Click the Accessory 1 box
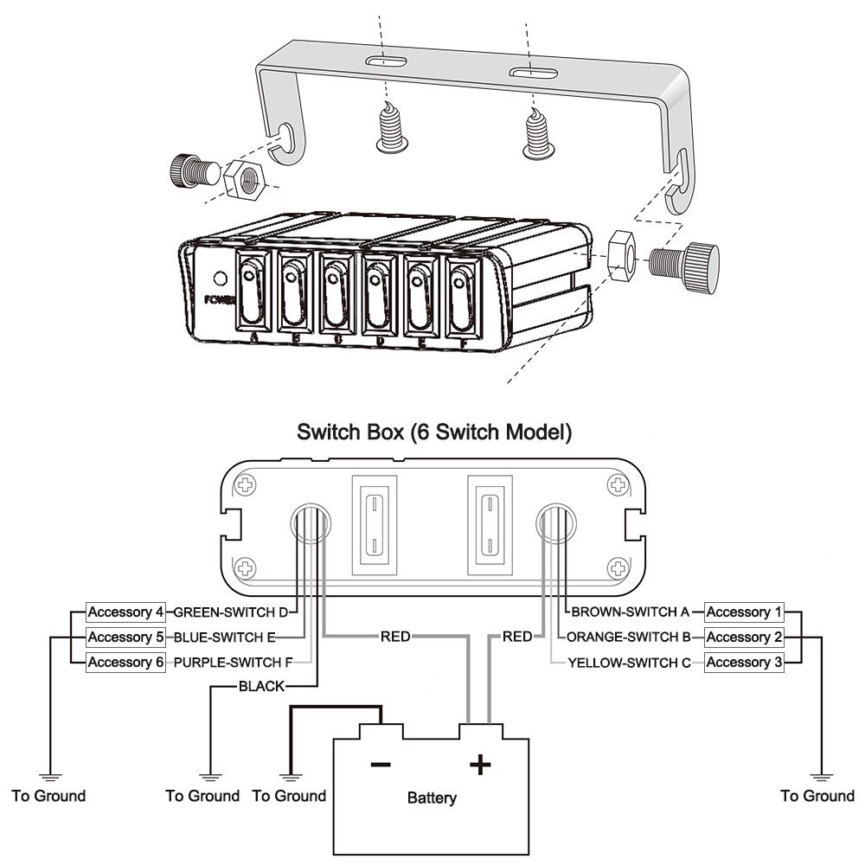[743, 612]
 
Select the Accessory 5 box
[125, 638]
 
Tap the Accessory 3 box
[743, 663]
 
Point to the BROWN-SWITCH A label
[630, 612]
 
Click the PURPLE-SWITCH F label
[233, 663]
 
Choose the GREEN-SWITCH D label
[232, 612]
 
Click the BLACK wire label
[260, 687]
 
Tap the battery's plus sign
[479, 764]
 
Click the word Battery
[432, 798]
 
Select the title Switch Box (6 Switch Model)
[434, 431]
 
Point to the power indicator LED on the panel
[220, 279]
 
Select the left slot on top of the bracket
[386, 61]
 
